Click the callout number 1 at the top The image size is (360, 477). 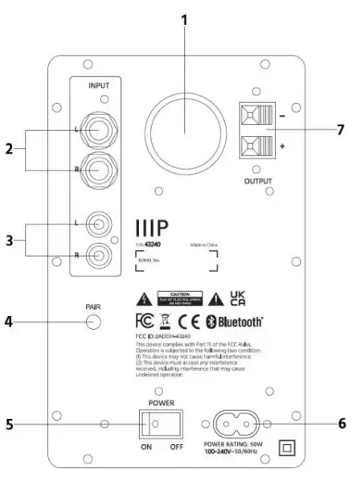[x=185, y=19]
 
